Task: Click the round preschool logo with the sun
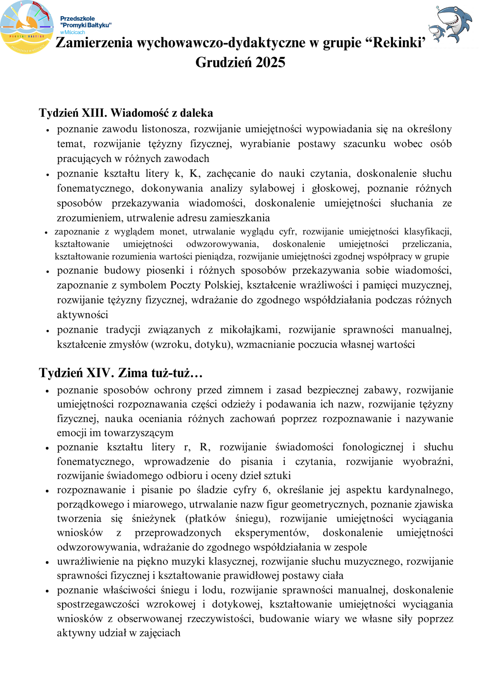pos(27,27)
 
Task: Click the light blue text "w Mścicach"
pos(73,32)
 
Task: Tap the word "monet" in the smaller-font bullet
pos(172,232)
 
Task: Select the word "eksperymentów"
pos(272,533)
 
